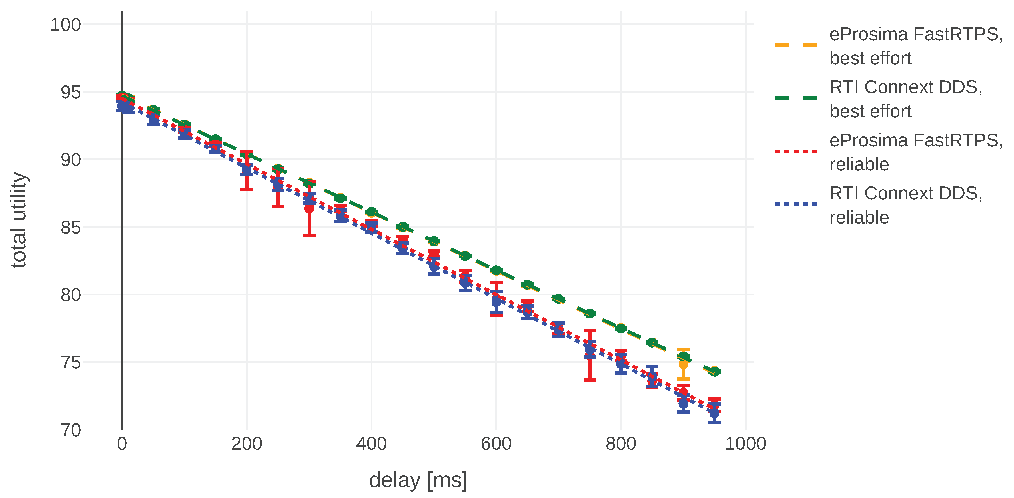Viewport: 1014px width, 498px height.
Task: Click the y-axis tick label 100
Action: pos(65,25)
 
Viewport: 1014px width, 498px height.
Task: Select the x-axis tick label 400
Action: pos(371,444)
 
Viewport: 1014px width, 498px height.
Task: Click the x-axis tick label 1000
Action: pos(745,444)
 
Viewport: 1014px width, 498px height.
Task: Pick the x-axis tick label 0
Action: pos(122,444)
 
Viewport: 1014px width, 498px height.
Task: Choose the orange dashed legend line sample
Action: pos(796,45)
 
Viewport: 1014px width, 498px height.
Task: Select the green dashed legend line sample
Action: pos(796,98)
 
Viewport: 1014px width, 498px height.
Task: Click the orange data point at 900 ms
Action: pos(683,364)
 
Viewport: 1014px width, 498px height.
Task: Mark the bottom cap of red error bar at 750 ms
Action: pos(590,380)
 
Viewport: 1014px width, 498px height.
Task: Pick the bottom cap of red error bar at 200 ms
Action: pos(247,189)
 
